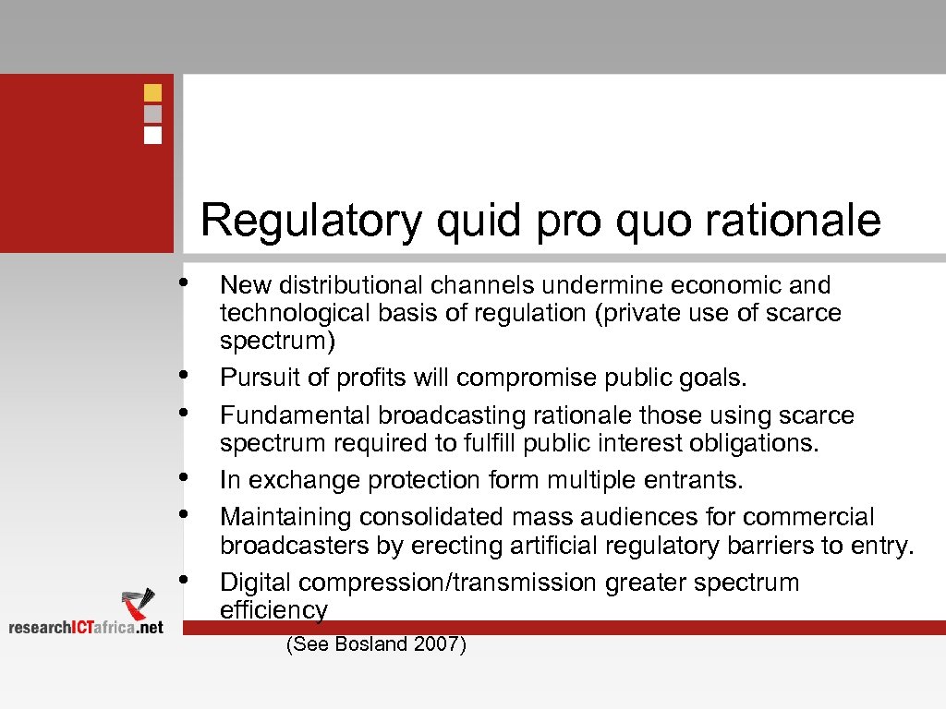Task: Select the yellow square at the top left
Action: tap(153, 92)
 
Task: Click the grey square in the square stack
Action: tap(153, 114)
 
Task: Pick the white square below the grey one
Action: tap(153, 135)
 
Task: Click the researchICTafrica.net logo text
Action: tap(85, 627)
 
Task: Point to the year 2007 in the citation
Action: tap(438, 644)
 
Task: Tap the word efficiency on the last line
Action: tap(273, 610)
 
